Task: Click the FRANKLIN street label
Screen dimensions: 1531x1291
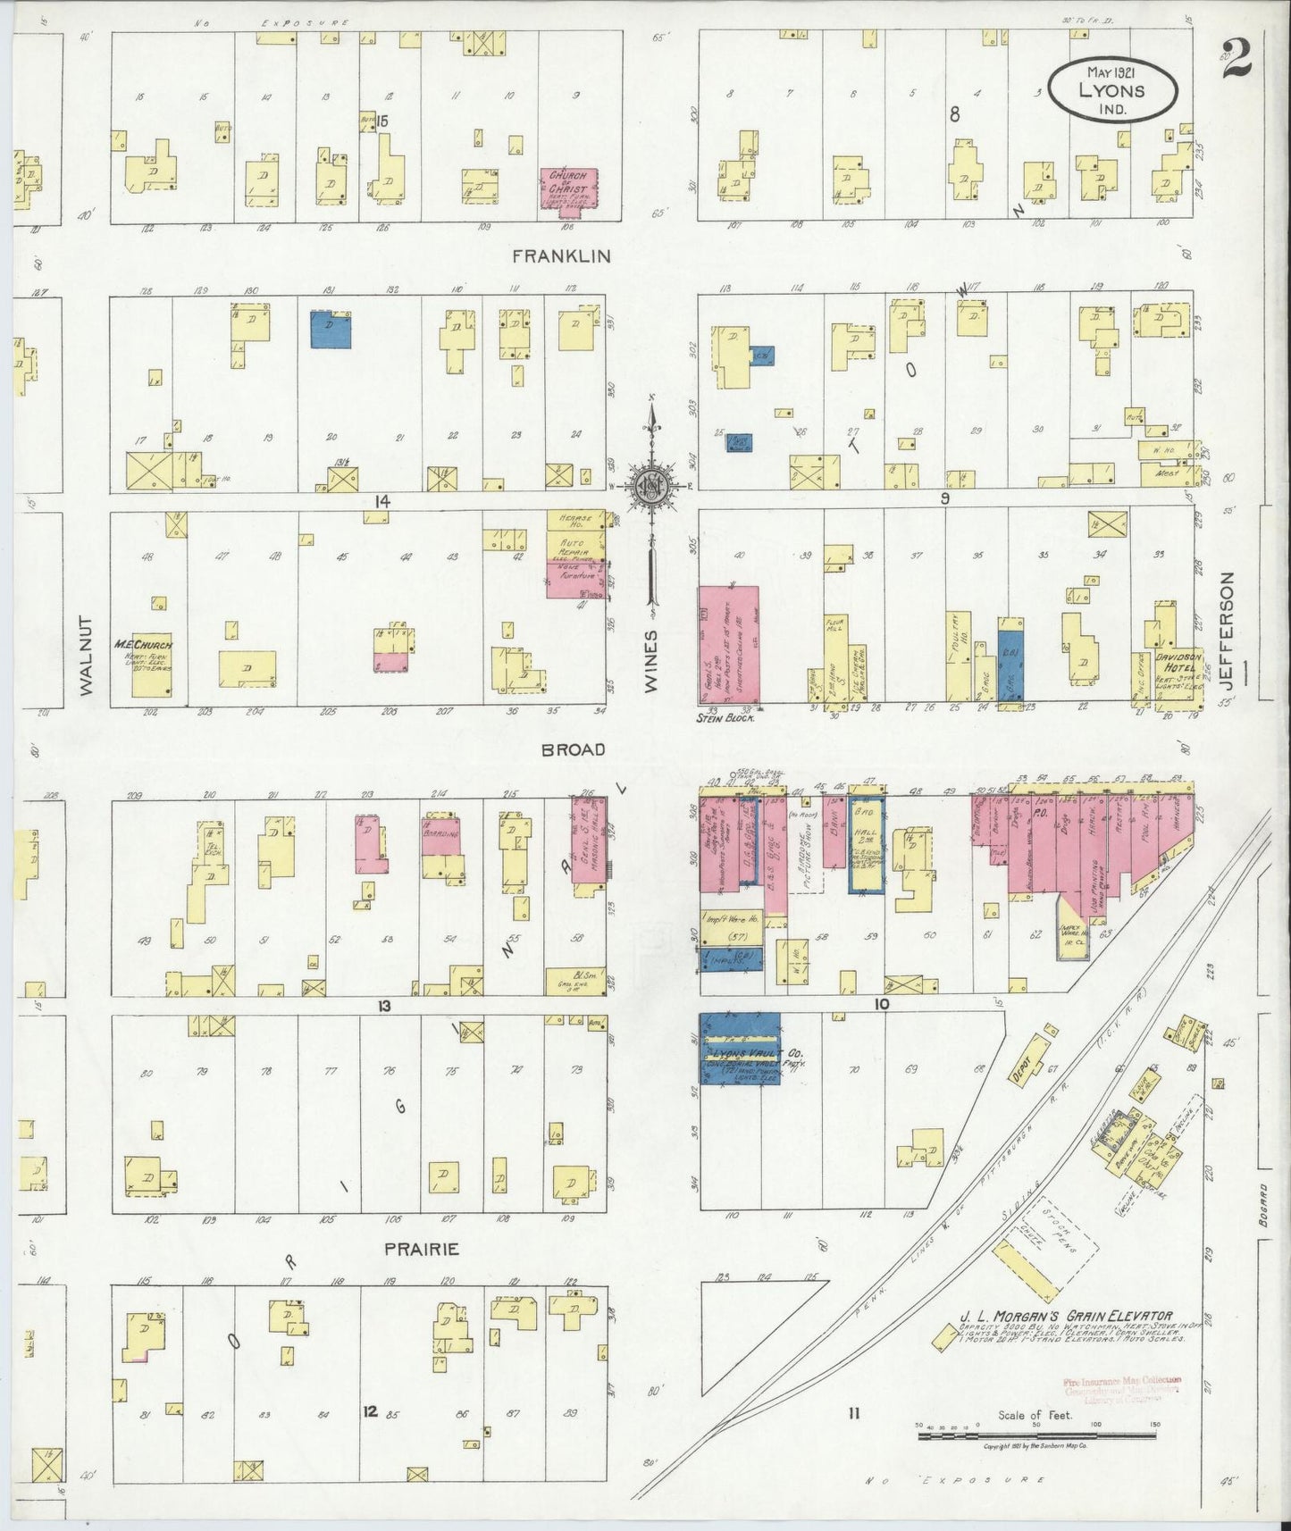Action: coord(561,255)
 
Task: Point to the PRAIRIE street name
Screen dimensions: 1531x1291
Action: coord(422,1249)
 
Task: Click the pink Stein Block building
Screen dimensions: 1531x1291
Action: coord(728,643)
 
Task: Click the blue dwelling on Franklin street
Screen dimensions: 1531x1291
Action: coord(330,329)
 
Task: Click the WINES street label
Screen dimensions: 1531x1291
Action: coord(650,661)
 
